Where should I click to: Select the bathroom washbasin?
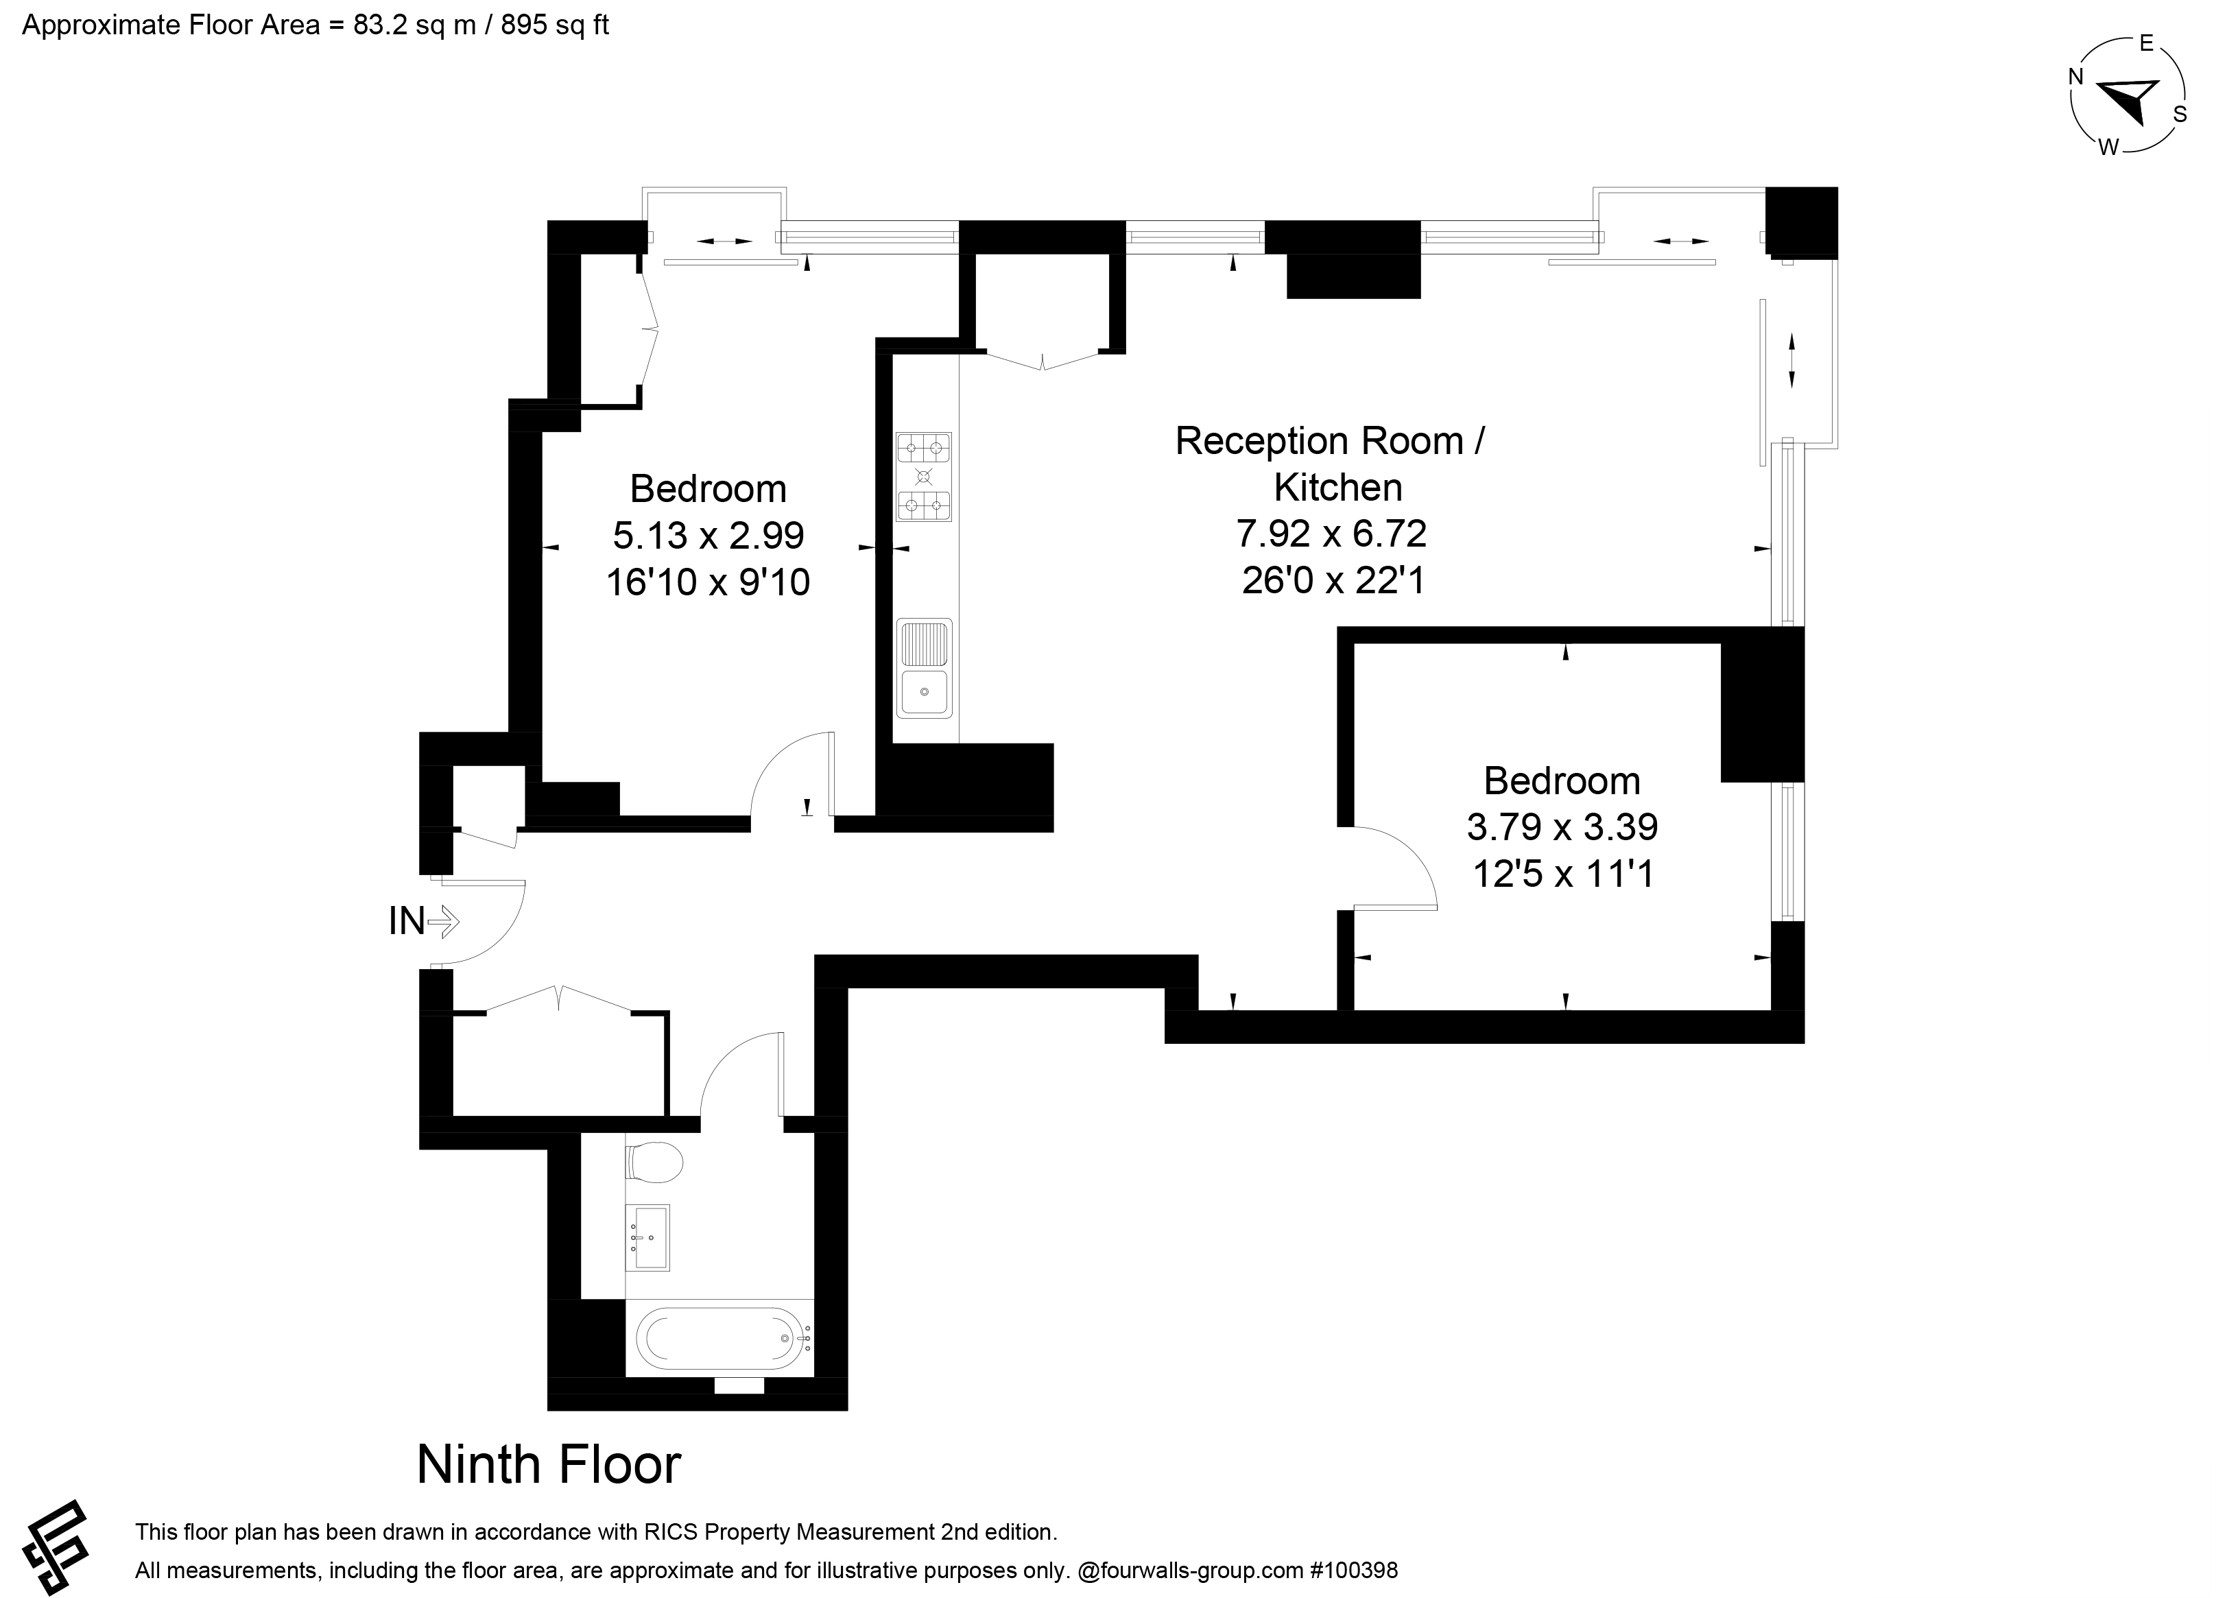coord(648,1237)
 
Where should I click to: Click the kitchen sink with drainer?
coord(924,668)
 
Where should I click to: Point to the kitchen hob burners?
coord(924,477)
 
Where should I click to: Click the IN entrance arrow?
coord(444,921)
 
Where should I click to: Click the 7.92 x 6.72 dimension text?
coord(1331,534)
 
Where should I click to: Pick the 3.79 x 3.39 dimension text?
coord(1562,827)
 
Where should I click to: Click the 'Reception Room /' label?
coord(1331,441)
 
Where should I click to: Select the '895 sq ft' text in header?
coord(555,25)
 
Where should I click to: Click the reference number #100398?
coord(1353,1571)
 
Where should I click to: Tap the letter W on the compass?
coord(2108,148)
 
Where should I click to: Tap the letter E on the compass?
coord(2147,43)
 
